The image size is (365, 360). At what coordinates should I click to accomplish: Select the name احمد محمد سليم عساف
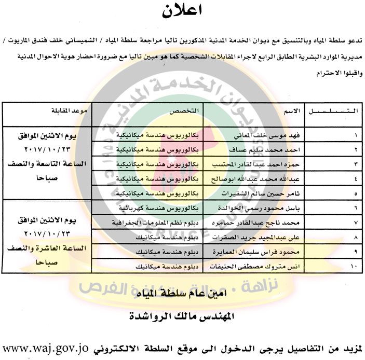(x=271, y=148)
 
